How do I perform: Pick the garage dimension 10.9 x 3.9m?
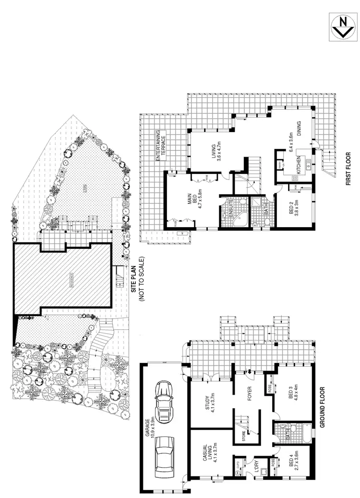[x=152, y=427]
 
